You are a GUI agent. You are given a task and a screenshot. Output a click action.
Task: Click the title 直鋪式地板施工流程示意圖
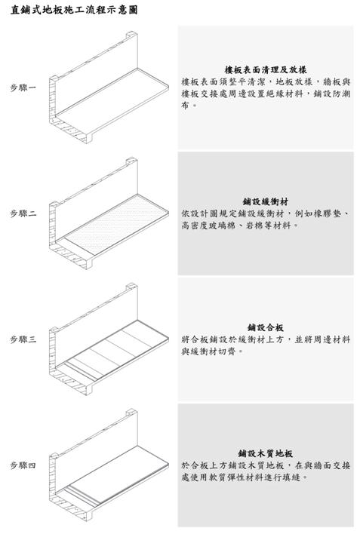74,10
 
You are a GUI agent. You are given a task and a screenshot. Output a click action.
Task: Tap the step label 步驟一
23,87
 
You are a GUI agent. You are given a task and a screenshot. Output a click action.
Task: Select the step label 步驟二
23,213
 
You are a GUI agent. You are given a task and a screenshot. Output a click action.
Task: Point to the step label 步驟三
23,339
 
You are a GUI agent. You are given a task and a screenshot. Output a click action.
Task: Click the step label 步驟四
23,465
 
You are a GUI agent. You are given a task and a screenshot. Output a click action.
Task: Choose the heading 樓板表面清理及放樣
266,70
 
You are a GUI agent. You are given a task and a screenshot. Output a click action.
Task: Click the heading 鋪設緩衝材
266,201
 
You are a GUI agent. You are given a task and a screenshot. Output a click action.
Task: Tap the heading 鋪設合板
266,327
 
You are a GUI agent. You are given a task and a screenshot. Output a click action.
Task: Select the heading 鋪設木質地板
266,453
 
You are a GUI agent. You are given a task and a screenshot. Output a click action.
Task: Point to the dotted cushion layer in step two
117,223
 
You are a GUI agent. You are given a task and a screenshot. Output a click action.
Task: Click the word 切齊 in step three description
226,351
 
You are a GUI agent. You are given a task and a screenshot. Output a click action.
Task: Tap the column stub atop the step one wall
131,35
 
